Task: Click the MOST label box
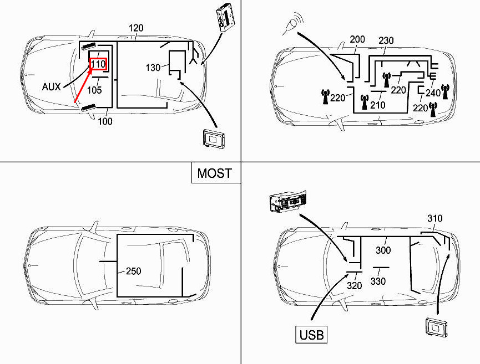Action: click(215, 173)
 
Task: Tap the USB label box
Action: click(311, 335)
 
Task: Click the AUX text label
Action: click(52, 87)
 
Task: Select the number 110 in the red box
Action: click(98, 65)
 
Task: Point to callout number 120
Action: click(136, 28)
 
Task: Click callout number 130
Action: click(153, 68)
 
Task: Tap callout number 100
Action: click(104, 121)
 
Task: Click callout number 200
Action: click(358, 40)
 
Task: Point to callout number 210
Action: click(378, 105)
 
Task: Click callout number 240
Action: click(432, 94)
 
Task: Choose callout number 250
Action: click(133, 271)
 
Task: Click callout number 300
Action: click(383, 250)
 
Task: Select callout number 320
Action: click(354, 285)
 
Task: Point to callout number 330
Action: click(378, 281)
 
